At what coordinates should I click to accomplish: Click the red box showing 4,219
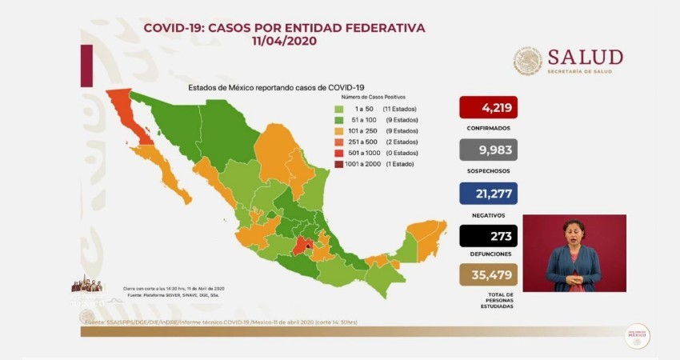(x=488, y=106)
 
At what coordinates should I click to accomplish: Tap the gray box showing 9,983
(x=488, y=150)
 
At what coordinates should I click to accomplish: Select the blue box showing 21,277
(x=488, y=193)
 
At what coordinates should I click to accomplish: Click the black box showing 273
(x=488, y=236)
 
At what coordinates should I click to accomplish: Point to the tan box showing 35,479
(x=488, y=276)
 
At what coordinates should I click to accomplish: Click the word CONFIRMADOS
(x=488, y=127)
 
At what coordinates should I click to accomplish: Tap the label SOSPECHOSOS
(x=488, y=170)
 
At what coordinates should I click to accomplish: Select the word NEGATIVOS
(x=488, y=214)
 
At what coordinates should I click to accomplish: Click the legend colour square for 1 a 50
(x=339, y=108)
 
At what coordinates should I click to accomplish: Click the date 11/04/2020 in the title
(x=283, y=41)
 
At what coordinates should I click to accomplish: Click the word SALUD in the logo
(x=585, y=57)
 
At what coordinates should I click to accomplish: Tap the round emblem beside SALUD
(x=528, y=61)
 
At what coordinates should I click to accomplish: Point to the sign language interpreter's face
(x=573, y=231)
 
